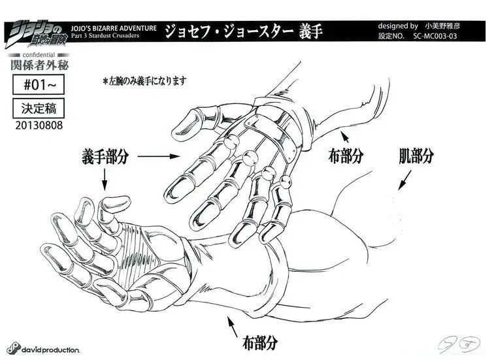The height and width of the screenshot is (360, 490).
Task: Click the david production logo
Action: (43, 349)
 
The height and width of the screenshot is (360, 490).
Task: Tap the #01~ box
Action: (39, 84)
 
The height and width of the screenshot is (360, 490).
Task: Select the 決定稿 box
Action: (39, 108)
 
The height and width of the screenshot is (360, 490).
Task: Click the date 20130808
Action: (39, 125)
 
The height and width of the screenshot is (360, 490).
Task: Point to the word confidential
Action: (39, 55)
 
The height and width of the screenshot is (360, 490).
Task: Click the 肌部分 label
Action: (416, 155)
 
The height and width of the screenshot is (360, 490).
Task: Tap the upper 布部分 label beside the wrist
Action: (346, 155)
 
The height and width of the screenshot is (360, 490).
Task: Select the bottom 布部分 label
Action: (260, 343)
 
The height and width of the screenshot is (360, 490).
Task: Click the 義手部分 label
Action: (105, 156)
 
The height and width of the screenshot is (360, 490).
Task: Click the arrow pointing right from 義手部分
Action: (159, 156)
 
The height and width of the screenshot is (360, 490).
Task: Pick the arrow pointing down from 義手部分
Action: (105, 180)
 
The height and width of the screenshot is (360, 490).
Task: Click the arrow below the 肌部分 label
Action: (404, 180)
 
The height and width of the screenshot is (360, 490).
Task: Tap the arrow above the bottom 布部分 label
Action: (233, 327)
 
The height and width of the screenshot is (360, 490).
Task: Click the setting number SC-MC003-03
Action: (435, 36)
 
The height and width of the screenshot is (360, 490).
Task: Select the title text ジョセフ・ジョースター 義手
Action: (244, 31)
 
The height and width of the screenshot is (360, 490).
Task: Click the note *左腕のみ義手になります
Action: (144, 81)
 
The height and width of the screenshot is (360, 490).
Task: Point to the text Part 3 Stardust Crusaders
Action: (105, 36)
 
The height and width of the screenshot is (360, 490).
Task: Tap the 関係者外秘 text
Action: (39, 65)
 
